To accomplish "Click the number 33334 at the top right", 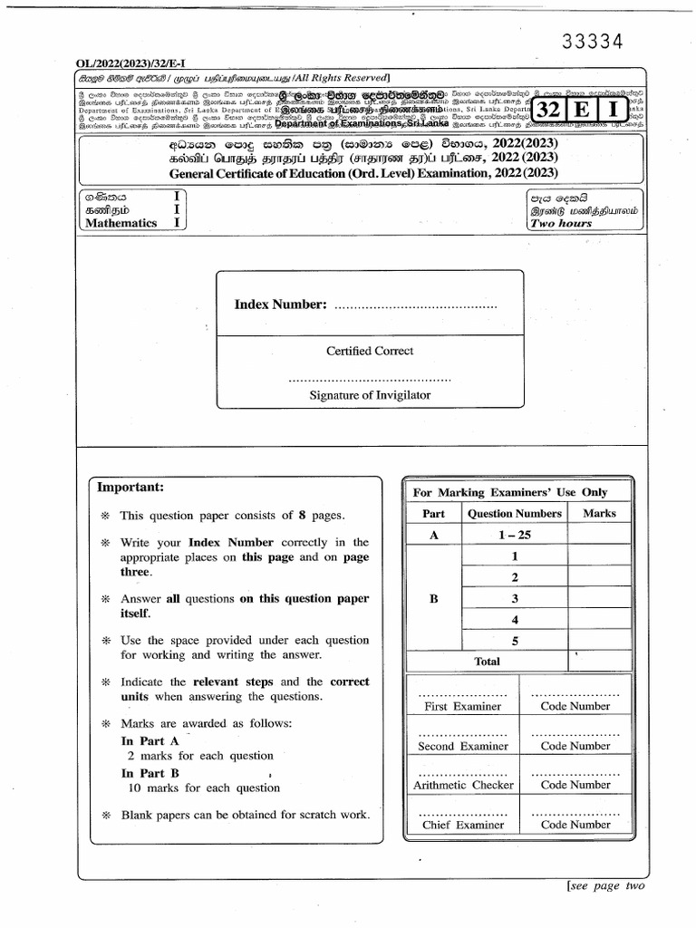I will (x=593, y=42).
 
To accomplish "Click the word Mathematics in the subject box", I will (x=121, y=223).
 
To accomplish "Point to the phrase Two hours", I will (x=562, y=223).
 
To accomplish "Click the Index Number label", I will (x=279, y=304).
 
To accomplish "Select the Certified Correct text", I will (x=370, y=351).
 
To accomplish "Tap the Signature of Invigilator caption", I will (x=370, y=395).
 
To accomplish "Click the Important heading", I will (x=130, y=488).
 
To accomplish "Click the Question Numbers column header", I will (x=515, y=513).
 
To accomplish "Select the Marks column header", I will (x=599, y=513).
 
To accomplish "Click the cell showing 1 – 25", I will (x=515, y=536).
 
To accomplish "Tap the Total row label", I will (x=487, y=662).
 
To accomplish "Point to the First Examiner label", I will (x=462, y=706).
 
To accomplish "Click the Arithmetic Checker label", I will (x=463, y=786).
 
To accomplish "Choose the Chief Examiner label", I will (x=463, y=825).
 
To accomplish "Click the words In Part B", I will (x=150, y=773).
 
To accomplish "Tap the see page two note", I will (x=606, y=885).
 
